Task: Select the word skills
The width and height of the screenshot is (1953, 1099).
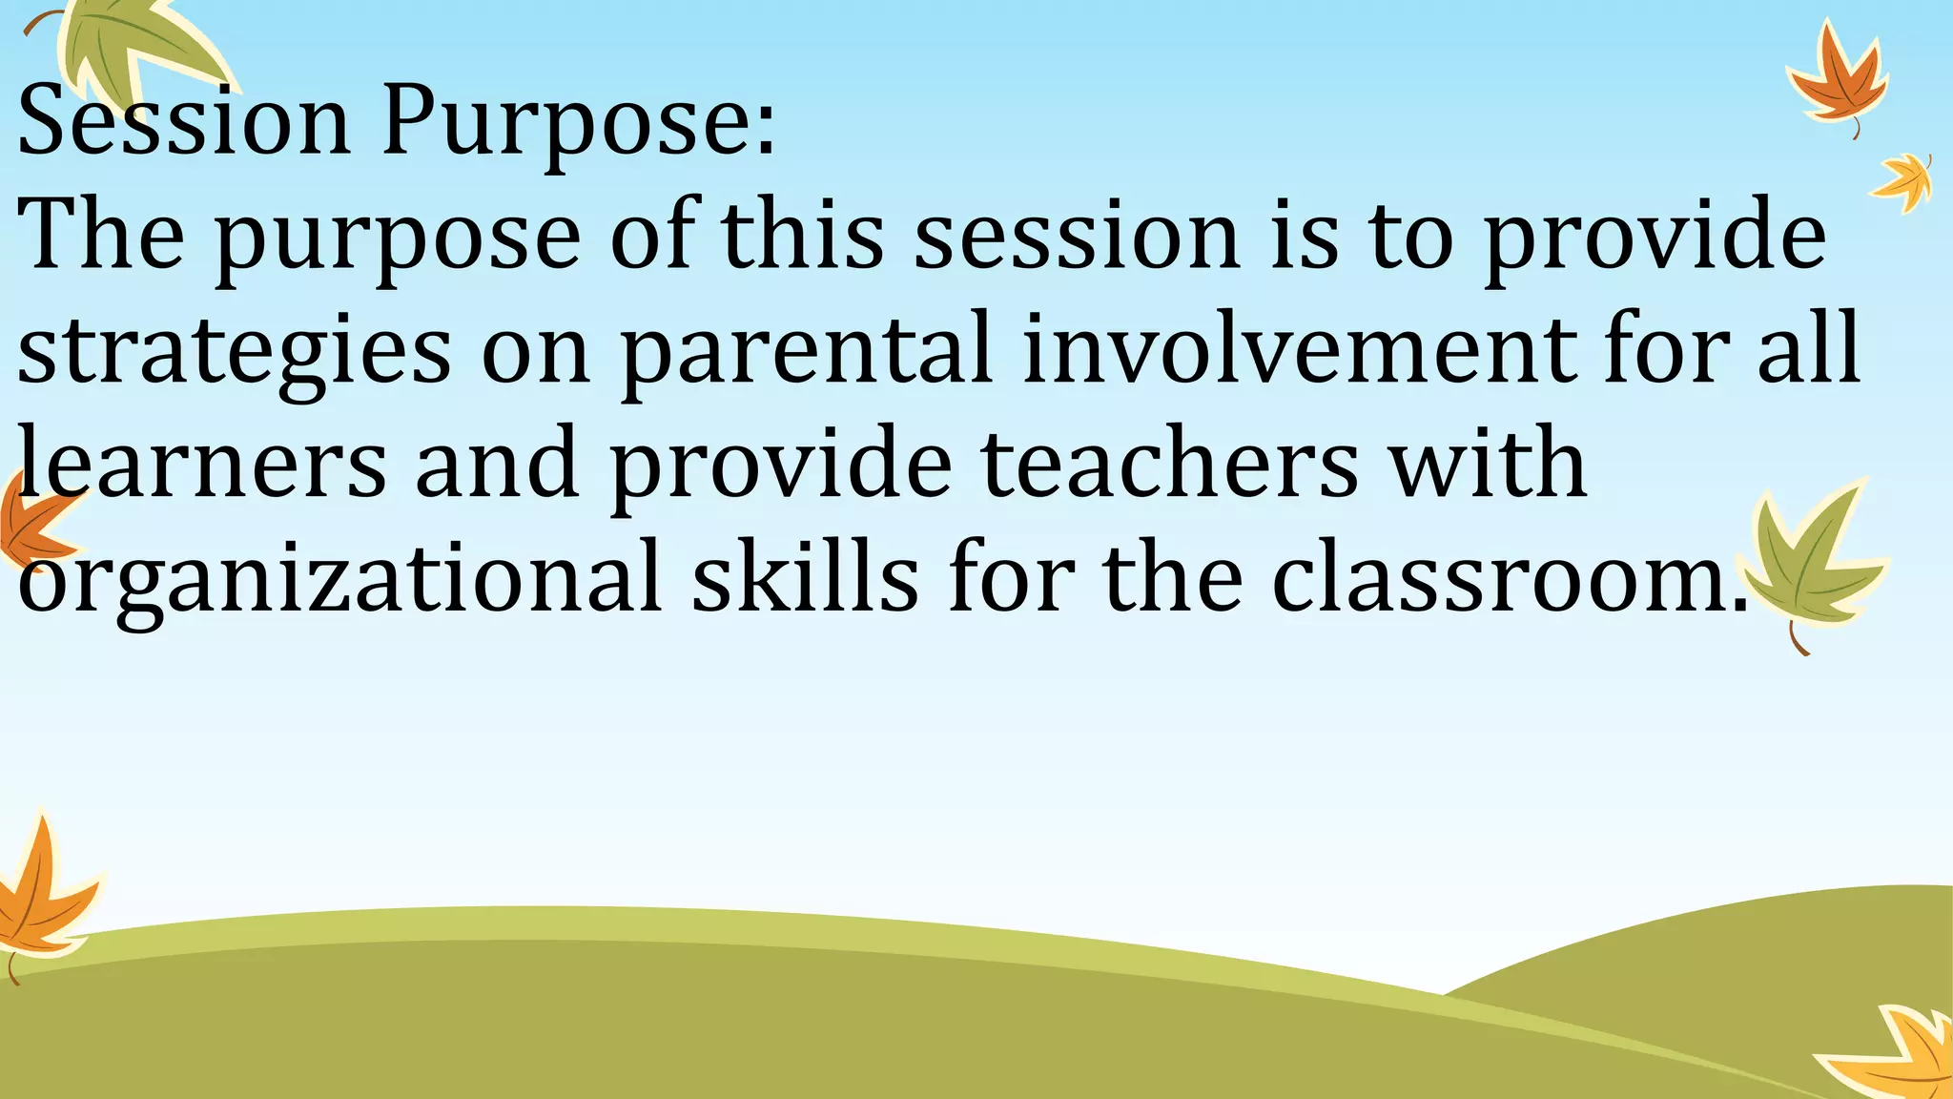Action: point(805,576)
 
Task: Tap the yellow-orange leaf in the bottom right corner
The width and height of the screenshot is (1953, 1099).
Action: point(1898,1054)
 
